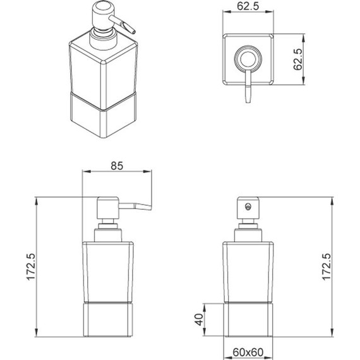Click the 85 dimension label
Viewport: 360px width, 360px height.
(x=117, y=165)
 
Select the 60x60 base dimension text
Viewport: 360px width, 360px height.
(x=248, y=352)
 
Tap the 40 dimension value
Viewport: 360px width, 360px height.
(x=199, y=320)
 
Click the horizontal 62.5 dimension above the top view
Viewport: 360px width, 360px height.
(x=248, y=6)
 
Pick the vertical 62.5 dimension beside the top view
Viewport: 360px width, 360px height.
(x=297, y=59)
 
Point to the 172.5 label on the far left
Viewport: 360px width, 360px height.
(x=31, y=267)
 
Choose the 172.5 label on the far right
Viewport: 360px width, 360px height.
(x=327, y=267)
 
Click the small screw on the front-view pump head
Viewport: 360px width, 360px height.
(x=248, y=207)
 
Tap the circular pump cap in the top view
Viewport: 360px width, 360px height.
(x=248, y=59)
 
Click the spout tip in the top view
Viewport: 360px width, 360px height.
(x=248, y=101)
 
